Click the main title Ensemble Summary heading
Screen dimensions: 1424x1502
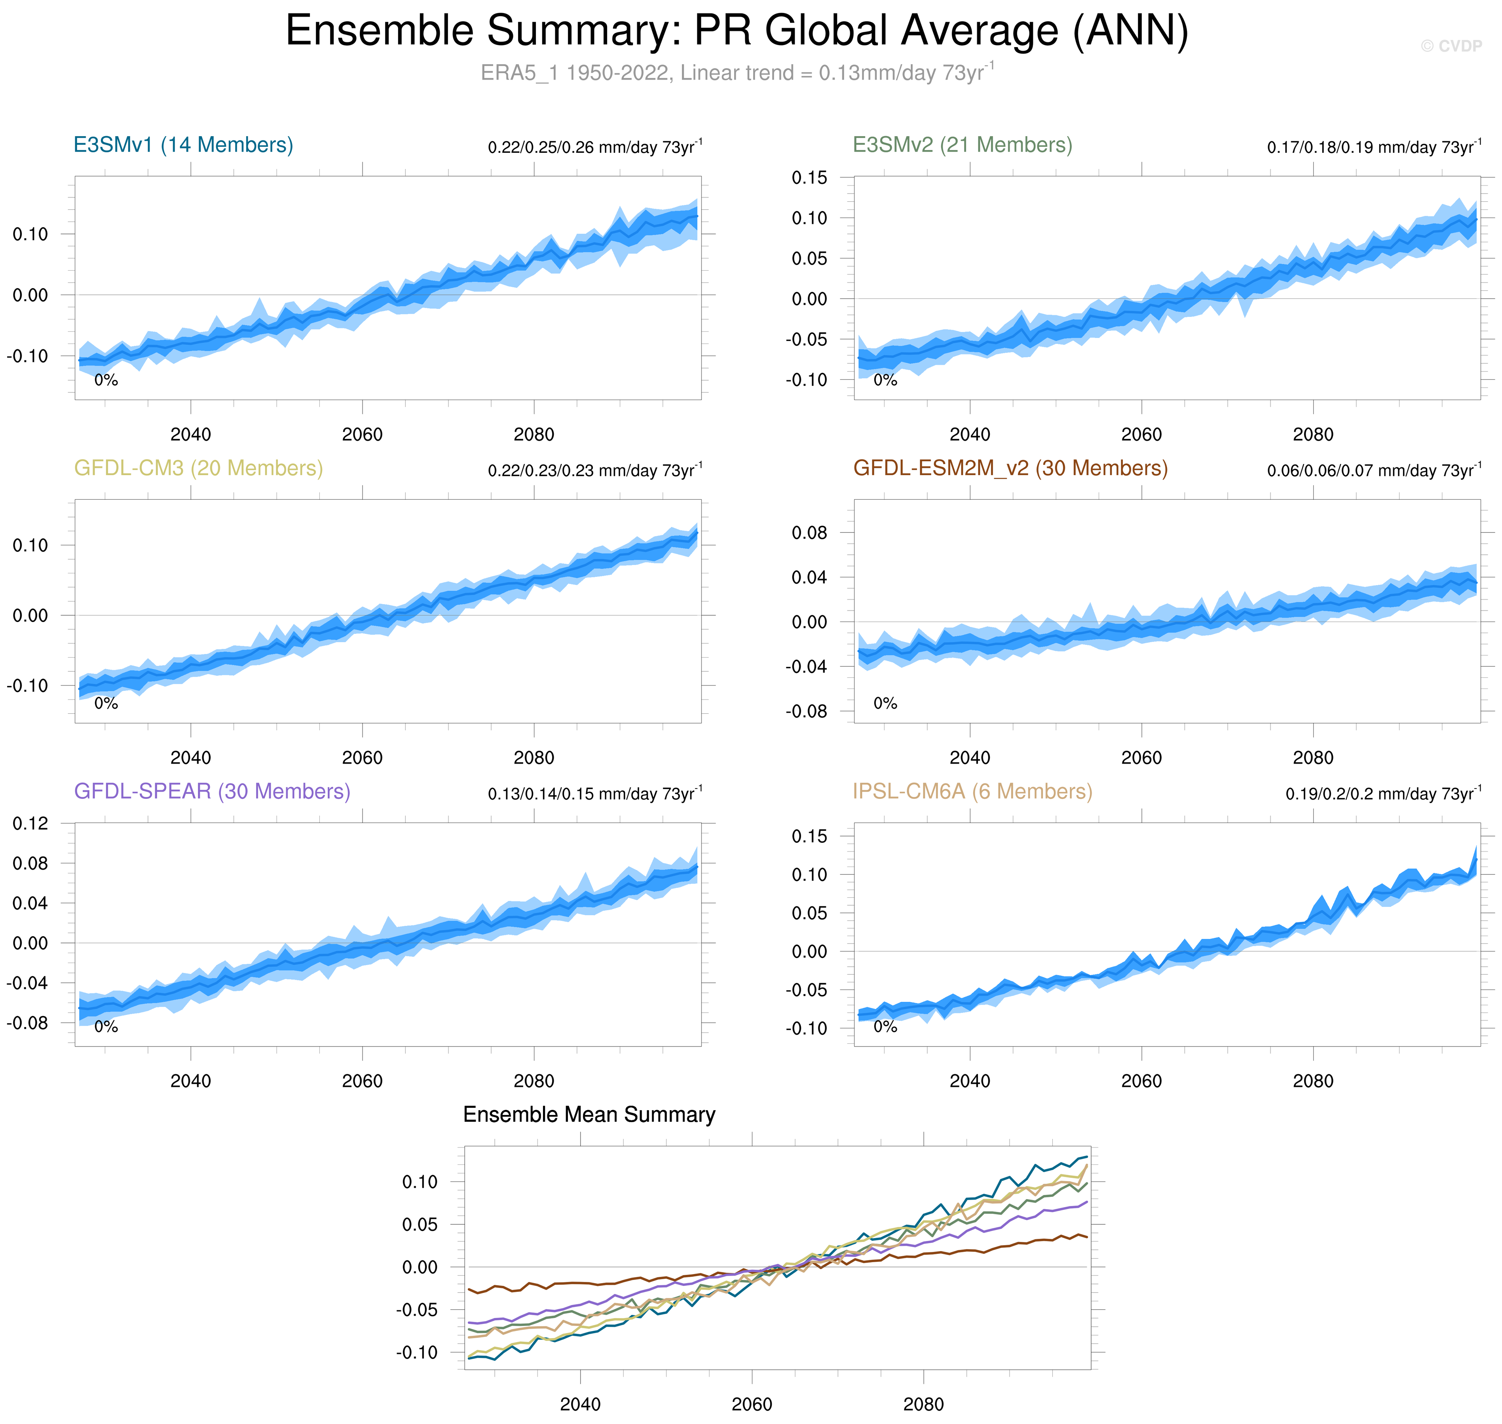click(x=737, y=32)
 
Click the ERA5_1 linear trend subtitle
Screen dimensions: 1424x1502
click(x=737, y=73)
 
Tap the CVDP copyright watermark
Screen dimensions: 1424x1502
click(x=1451, y=46)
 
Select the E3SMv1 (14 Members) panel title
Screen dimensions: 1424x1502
click(x=183, y=145)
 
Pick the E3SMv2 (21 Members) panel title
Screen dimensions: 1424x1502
click(x=962, y=145)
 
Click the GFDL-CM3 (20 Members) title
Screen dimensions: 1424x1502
click(x=198, y=468)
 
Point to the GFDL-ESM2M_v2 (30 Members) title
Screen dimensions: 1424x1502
click(x=1010, y=468)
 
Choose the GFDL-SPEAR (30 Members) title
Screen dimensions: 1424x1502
click(x=212, y=792)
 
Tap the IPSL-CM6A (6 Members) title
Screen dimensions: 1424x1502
click(x=972, y=792)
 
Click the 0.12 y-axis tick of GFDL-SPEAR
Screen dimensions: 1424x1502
click(x=30, y=824)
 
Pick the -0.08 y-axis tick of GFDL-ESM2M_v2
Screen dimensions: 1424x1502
click(x=807, y=712)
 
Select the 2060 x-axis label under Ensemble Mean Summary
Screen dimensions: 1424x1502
click(x=752, y=1404)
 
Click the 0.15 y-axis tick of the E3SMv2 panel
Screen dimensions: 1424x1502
click(x=809, y=178)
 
